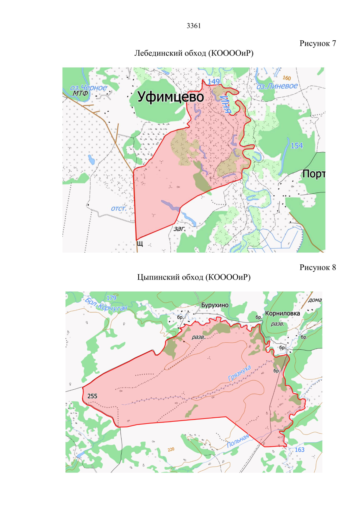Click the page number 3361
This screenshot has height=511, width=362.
pyautogui.click(x=194, y=26)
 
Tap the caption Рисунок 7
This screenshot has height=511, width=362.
pyautogui.click(x=317, y=43)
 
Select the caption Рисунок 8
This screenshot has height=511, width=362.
pyautogui.click(x=317, y=267)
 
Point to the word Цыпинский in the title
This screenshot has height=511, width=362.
pyautogui.click(x=155, y=277)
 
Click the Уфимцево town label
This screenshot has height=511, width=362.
pyautogui.click(x=171, y=97)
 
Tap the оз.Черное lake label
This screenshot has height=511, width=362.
pyautogui.click(x=88, y=88)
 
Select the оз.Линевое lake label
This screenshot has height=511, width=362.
pyautogui.click(x=277, y=86)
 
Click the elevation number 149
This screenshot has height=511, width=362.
pyautogui.click(x=214, y=82)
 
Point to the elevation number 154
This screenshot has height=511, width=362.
pyautogui.click(x=297, y=146)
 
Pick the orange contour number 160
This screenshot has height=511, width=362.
pyautogui.click(x=287, y=78)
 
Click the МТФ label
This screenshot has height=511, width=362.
pyautogui.click(x=80, y=93)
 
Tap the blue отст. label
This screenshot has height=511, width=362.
pyautogui.click(x=119, y=208)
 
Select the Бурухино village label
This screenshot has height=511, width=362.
pyautogui.click(x=215, y=305)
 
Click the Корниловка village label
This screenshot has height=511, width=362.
pyautogui.click(x=282, y=313)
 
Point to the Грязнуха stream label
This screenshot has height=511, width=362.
pyautogui.click(x=240, y=373)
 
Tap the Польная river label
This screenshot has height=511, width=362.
pyautogui.click(x=238, y=440)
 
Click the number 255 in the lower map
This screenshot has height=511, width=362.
pyautogui.click(x=92, y=396)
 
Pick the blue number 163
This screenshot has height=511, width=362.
pyautogui.click(x=300, y=450)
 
